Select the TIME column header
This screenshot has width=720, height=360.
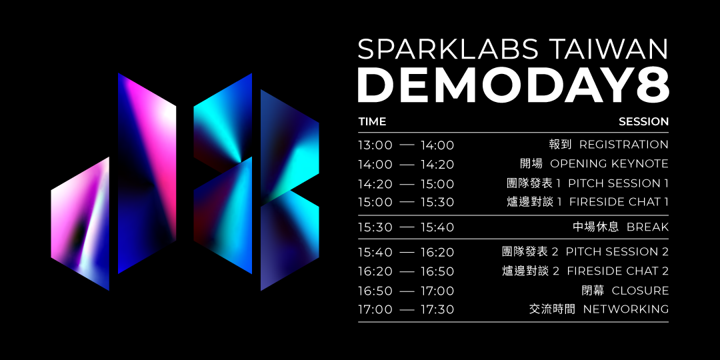373,122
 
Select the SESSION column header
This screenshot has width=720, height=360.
644,122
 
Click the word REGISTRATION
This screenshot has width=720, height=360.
623,145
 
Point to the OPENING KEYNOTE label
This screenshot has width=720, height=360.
609,164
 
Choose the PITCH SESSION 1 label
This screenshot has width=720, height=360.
619,184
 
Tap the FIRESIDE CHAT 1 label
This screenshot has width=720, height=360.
619,202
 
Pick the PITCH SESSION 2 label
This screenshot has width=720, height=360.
617,251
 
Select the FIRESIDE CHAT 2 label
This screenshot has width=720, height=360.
617,271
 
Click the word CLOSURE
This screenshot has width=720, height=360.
640,291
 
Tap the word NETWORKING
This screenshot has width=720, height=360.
626,309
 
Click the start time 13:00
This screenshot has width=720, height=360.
375,145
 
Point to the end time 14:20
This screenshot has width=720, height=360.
437,165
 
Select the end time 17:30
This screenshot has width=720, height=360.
437,310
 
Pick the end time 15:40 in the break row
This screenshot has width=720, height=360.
437,228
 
